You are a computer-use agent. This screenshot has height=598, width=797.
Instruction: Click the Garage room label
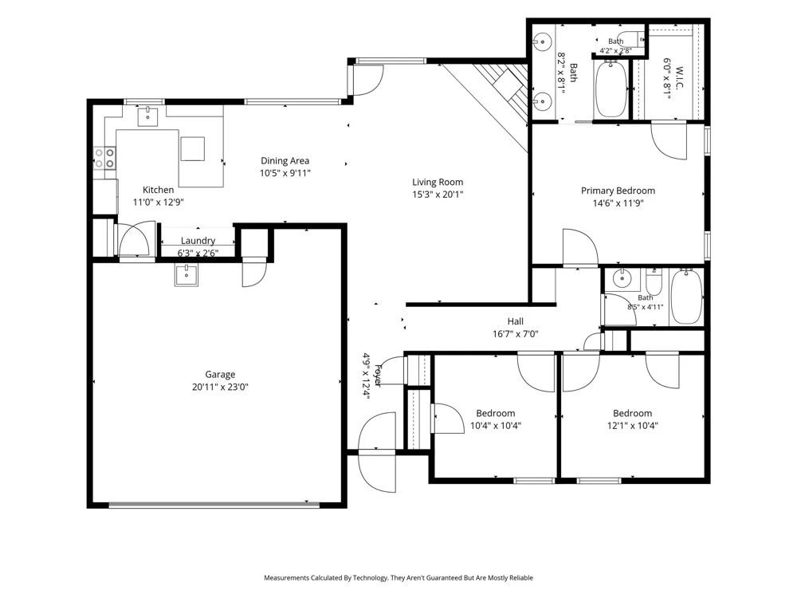click(x=220, y=374)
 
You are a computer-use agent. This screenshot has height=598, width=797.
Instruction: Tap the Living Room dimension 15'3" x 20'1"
click(x=438, y=195)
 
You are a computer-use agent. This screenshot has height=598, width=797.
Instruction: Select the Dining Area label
click(x=285, y=161)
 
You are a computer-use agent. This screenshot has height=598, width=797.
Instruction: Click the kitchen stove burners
click(x=104, y=158)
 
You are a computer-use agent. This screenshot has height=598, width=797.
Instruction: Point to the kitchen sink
click(x=148, y=117)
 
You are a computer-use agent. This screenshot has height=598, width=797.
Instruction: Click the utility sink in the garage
click(x=186, y=275)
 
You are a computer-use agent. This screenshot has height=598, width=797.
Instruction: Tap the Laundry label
click(x=198, y=241)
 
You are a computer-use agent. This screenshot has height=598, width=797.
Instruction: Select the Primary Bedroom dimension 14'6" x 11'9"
click(x=618, y=203)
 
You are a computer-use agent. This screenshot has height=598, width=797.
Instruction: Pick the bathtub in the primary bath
click(x=611, y=89)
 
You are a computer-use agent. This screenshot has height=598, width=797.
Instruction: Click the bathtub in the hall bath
click(x=686, y=297)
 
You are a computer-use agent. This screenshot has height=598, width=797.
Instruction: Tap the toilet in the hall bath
click(x=654, y=281)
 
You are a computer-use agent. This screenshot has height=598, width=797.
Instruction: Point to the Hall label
click(x=516, y=321)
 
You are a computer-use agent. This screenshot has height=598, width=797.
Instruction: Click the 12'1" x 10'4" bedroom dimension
click(x=632, y=426)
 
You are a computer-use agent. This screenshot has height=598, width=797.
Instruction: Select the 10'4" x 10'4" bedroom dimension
click(x=496, y=426)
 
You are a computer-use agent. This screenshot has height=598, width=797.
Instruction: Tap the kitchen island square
click(x=193, y=149)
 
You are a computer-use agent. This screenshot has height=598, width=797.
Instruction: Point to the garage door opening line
click(x=214, y=505)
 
